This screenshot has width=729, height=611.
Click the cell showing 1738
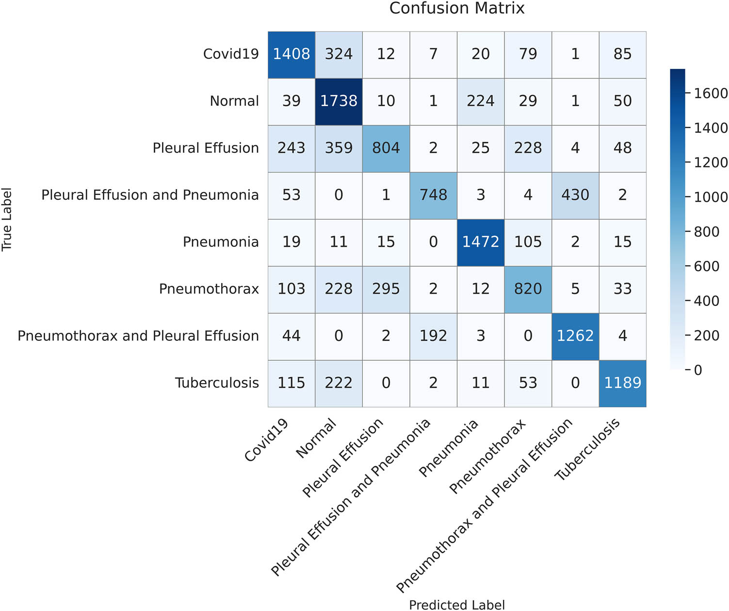[339, 101]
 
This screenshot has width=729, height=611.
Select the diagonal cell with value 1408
[292, 54]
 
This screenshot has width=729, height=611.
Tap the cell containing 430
[575, 195]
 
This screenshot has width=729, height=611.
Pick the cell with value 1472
[481, 242]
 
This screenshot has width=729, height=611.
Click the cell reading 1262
[575, 336]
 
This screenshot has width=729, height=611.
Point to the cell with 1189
[622, 383]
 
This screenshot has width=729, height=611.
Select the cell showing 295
[386, 289]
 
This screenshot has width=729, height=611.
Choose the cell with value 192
[433, 336]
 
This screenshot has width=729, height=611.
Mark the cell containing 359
[339, 148]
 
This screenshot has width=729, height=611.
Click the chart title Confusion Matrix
[457, 8]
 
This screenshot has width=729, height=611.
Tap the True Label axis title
[7, 219]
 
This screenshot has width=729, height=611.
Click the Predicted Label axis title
[457, 605]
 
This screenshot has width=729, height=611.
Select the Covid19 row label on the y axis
[231, 54]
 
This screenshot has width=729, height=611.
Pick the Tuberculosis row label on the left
[217, 383]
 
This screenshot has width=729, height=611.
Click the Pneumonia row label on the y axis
[221, 242]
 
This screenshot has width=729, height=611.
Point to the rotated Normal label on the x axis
[316, 439]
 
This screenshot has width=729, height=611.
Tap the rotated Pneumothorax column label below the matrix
[487, 457]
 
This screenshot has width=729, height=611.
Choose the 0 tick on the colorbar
[698, 370]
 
